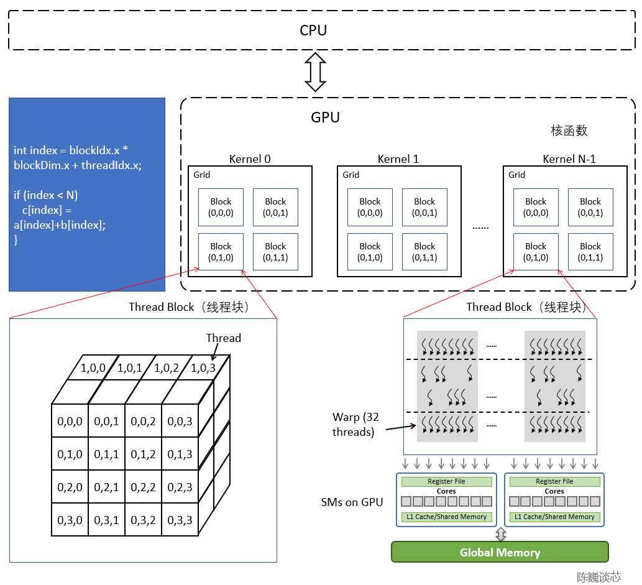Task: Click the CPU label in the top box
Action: click(313, 30)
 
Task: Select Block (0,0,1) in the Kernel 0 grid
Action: click(275, 207)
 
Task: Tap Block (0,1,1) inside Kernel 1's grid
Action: click(424, 252)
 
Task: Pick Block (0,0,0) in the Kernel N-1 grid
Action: click(535, 207)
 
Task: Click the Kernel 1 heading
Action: click(398, 159)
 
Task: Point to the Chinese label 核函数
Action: click(569, 131)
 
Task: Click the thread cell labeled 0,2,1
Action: click(106, 487)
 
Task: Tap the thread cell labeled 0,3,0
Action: click(70, 520)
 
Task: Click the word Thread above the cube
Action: click(223, 338)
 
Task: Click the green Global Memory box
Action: click(500, 552)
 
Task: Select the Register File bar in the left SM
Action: click(446, 482)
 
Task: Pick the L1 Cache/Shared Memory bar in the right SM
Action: click(554, 517)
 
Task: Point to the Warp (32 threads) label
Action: click(354, 425)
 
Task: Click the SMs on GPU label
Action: click(352, 502)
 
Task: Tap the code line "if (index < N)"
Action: click(45, 195)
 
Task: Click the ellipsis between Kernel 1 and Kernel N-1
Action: click(480, 228)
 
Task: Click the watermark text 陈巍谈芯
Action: click(598, 577)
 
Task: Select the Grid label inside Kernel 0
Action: click(201, 175)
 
